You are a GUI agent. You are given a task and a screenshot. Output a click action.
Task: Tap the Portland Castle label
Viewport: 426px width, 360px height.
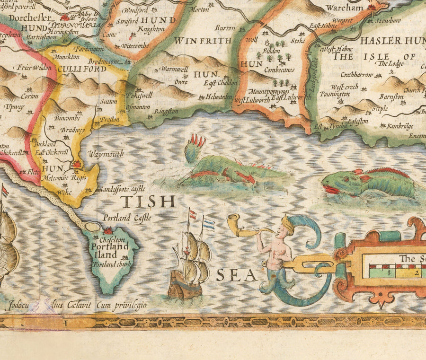click(127, 218)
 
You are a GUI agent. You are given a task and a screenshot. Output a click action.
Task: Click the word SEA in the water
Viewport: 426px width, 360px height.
click(237, 275)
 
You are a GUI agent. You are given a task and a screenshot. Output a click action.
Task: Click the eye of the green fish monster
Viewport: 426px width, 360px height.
click(346, 179)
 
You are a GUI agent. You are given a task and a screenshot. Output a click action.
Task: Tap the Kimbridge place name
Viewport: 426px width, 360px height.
click(399, 126)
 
